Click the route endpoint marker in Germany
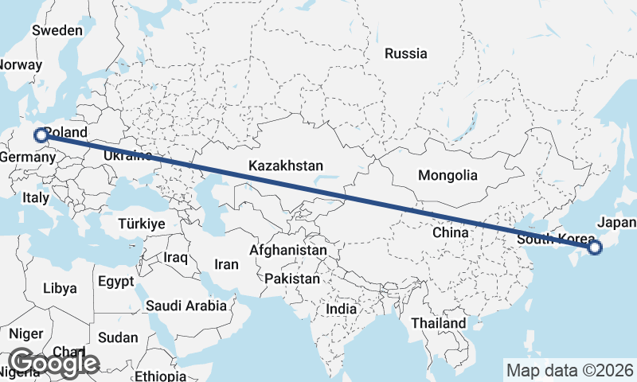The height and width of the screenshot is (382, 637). tap(41, 135)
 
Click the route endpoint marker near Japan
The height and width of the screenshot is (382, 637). tap(594, 248)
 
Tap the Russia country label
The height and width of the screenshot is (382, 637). tap(405, 54)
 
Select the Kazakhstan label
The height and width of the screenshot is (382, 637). tap(285, 166)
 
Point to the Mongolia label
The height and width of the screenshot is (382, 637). tap(447, 175)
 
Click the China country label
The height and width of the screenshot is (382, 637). tap(450, 232)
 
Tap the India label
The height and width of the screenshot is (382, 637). tap(342, 308)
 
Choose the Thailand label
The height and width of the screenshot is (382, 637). tap(439, 323)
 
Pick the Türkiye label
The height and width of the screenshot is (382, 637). tap(141, 224)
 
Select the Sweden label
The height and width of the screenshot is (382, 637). tap(57, 30)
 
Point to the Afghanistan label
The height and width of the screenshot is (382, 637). tap(288, 250)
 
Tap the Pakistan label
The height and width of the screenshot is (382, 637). tap(293, 279)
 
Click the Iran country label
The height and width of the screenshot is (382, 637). tap(227, 264)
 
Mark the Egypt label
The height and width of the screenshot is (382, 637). tap(117, 281)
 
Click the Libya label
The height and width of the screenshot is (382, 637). tap(61, 287)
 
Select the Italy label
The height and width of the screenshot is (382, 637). tap(36, 197)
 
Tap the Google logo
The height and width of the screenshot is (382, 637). tap(53, 363)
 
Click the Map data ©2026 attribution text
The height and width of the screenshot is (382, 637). tap(569, 370)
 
